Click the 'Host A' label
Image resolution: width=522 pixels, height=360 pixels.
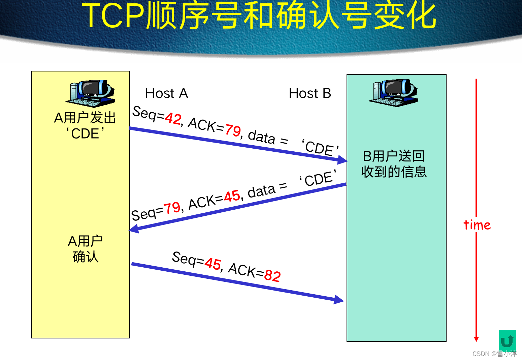166,93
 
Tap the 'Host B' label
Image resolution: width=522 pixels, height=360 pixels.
310,93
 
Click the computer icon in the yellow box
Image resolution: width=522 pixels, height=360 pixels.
90,93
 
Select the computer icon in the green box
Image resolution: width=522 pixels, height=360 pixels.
393,93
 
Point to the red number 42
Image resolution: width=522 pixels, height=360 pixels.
173,118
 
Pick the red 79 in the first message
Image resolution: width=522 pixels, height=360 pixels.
233,130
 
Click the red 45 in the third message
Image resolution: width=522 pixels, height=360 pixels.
213,264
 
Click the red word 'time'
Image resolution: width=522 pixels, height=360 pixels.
477,225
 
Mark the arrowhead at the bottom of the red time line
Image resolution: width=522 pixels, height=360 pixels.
476,339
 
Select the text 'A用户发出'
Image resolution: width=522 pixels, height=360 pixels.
85,118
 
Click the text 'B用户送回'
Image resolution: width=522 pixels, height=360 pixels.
394,156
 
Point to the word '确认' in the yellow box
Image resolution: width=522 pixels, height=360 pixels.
86,257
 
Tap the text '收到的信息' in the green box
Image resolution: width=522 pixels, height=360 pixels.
394,172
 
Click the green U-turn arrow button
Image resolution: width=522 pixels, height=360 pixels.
507,341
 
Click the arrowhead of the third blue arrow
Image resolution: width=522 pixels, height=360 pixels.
339,299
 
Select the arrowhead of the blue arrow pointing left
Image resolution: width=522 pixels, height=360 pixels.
134,229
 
